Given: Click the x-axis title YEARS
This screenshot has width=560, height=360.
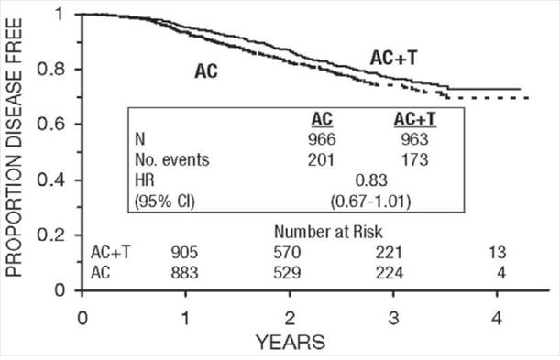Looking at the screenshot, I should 290,343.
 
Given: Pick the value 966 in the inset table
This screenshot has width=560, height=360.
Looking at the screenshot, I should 322,139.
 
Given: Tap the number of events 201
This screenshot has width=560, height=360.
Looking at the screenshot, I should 322,159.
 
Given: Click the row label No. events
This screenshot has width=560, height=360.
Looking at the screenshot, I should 172,159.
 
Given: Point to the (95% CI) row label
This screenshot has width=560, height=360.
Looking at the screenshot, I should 166,198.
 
